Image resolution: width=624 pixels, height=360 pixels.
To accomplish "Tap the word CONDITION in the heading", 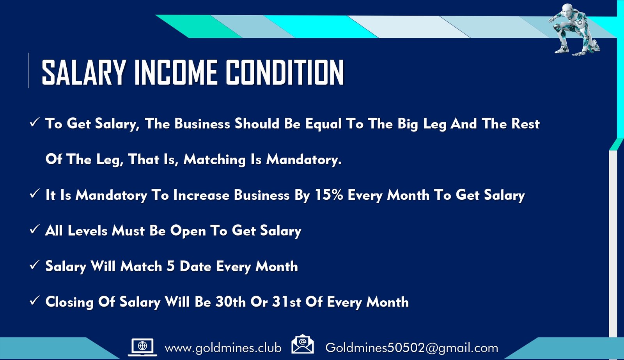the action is (285, 73).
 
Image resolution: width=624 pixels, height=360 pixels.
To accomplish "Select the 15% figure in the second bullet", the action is (329, 195).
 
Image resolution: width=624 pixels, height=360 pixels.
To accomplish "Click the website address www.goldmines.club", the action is (223, 348).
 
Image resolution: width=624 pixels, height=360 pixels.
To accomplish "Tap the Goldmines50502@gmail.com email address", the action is (412, 348).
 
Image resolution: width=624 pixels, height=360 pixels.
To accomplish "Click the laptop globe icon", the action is (142, 347).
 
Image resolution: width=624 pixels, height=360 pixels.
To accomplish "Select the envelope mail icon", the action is (303, 344).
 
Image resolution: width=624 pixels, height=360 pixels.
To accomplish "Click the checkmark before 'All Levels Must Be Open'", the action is (34, 230).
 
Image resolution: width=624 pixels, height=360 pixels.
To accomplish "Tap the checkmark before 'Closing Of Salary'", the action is (34, 301).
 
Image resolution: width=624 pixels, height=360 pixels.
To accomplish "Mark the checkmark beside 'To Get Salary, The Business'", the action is (34, 122).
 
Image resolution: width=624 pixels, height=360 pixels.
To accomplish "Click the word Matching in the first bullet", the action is (214, 160).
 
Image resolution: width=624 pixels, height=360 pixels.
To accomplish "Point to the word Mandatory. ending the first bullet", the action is (304, 160).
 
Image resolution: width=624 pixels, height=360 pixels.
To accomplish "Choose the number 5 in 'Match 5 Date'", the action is (170, 266).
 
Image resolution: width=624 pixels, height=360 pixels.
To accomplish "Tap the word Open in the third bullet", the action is (188, 231).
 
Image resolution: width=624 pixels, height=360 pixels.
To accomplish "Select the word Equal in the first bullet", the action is (323, 124).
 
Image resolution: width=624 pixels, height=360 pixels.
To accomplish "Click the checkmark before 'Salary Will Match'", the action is (34, 265).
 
